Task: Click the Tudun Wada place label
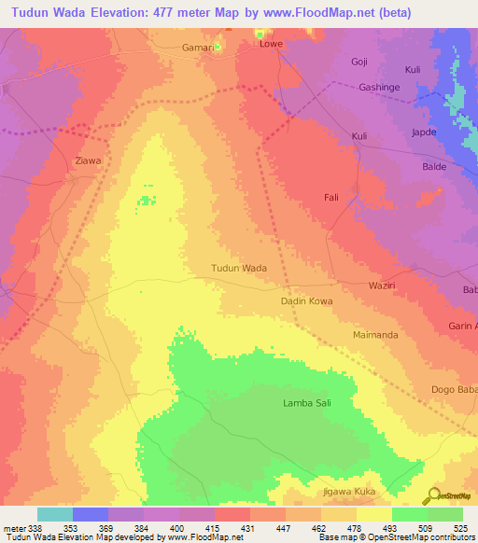pos(239,268)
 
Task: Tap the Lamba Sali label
pos(307,403)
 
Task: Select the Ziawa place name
pos(88,160)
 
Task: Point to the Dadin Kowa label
pos(306,301)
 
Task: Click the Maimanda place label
pos(376,334)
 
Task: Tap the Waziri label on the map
pos(384,285)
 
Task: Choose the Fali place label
pos(330,198)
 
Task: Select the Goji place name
pos(359,62)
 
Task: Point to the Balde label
pos(435,166)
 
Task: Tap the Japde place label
pos(425,133)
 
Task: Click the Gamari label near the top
pos(197,47)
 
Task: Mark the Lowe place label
pos(271,44)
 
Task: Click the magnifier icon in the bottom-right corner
pos(434,495)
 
